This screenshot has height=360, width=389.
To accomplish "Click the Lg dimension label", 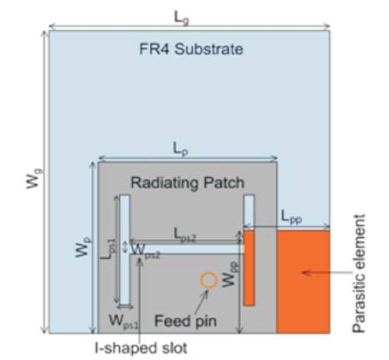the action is (x=182, y=18).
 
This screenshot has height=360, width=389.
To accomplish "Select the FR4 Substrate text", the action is (x=192, y=49).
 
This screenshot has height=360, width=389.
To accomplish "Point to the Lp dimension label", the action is (x=181, y=149).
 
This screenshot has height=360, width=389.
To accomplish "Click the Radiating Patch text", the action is (x=187, y=183).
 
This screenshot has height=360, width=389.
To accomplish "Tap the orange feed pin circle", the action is (x=208, y=280).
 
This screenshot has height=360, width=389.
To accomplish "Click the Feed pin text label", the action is (x=185, y=321).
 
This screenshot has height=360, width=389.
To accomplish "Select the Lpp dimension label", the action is (x=292, y=217).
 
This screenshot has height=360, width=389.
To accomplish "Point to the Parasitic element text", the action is (x=359, y=273).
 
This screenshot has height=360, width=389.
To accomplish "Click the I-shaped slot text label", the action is (x=141, y=347).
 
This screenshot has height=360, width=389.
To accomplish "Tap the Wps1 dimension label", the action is (x=123, y=322).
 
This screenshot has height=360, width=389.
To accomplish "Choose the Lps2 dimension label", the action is (x=185, y=234).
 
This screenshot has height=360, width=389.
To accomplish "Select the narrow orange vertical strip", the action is (x=249, y=268).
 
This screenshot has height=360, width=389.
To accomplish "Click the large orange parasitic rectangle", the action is (x=303, y=282).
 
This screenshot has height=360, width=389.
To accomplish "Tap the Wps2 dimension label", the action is (x=146, y=251).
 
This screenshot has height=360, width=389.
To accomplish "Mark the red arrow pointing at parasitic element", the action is (x=327, y=272).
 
